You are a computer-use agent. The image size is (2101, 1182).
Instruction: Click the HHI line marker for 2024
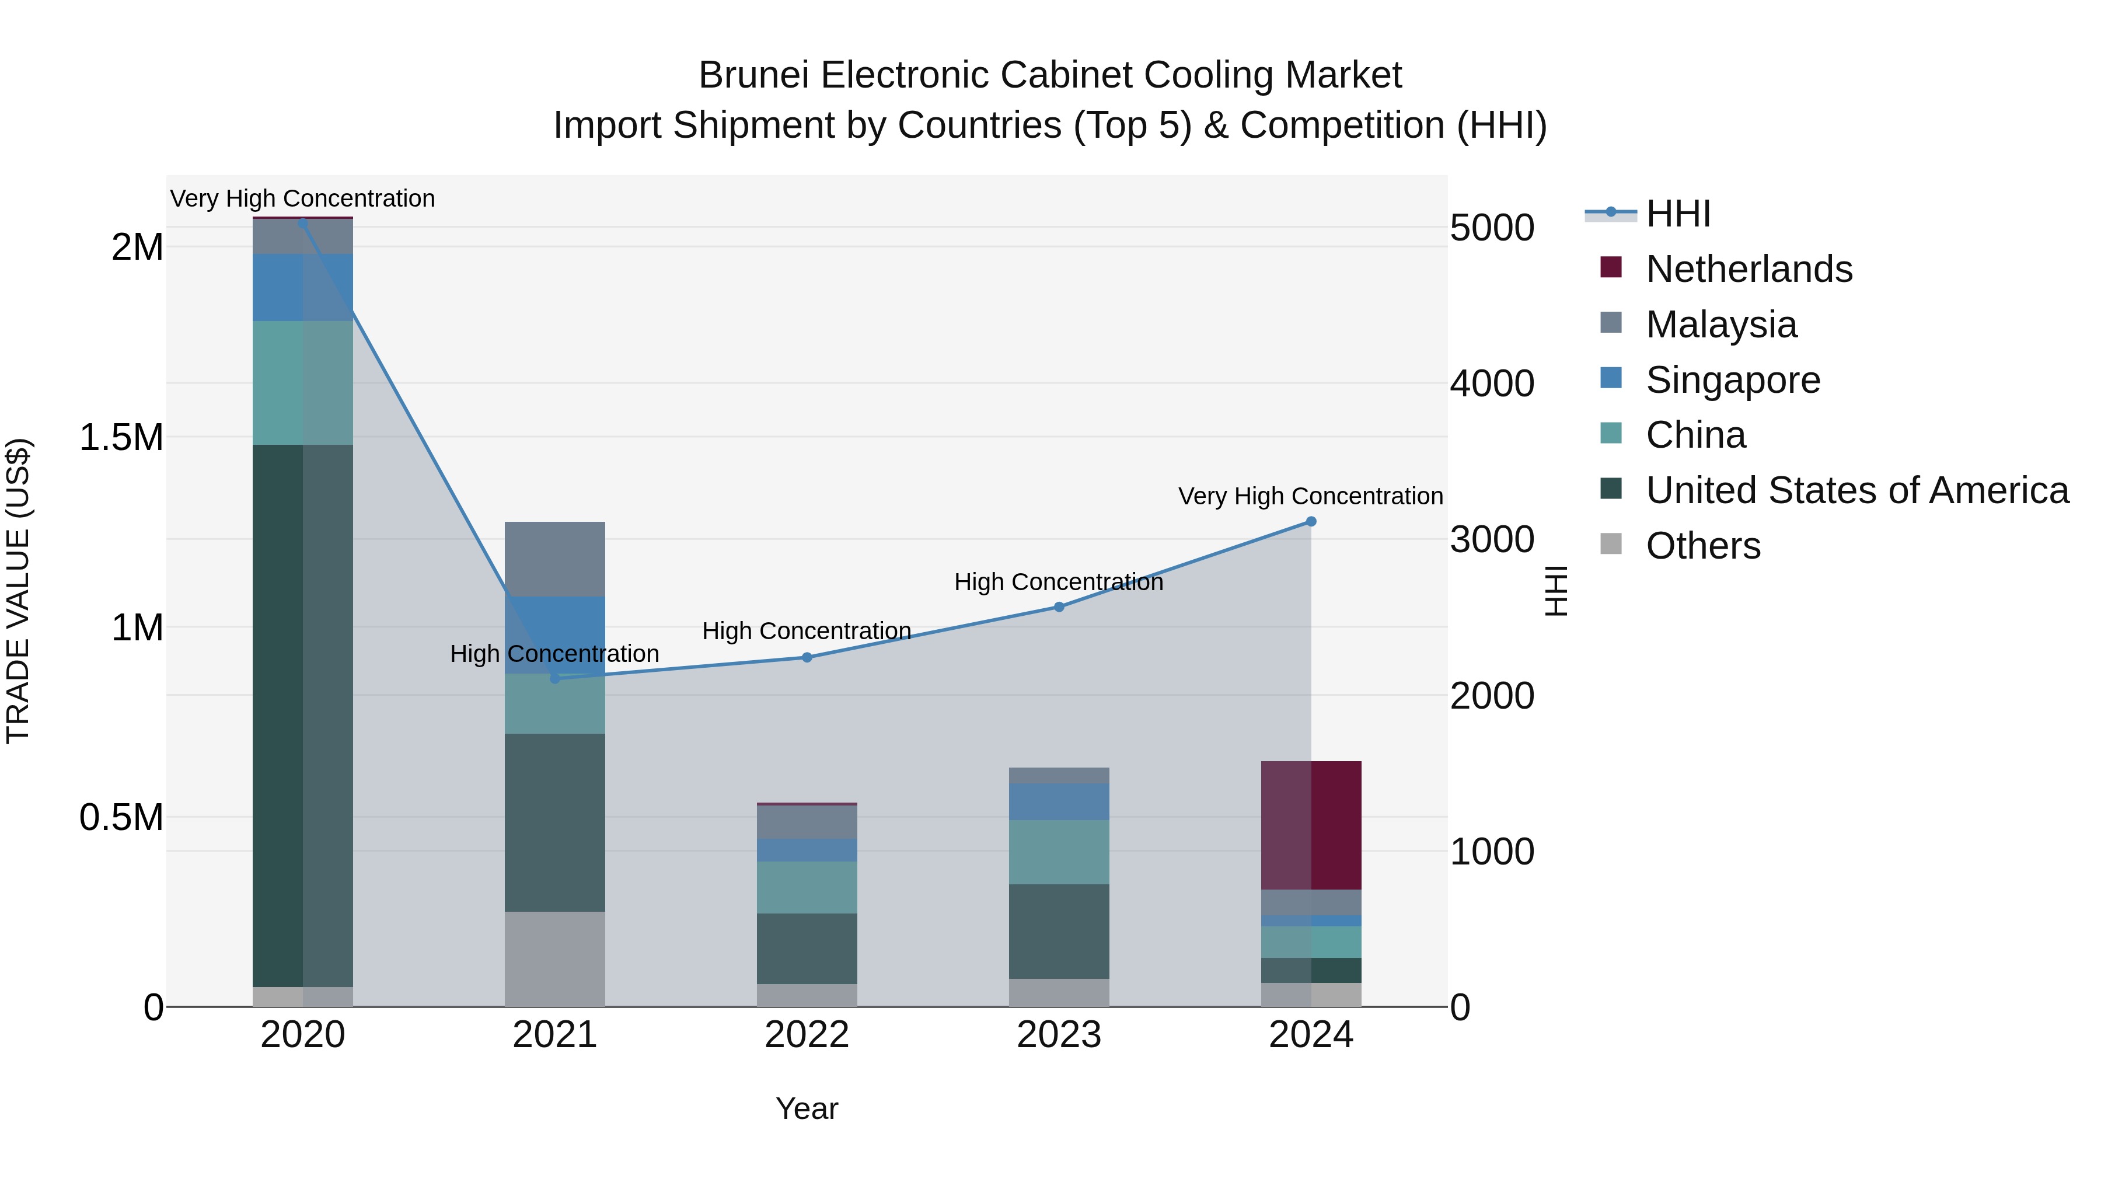tap(1311, 521)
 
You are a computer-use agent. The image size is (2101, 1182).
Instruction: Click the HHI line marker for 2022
tap(807, 657)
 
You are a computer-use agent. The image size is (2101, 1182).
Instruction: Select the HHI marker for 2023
tap(1059, 607)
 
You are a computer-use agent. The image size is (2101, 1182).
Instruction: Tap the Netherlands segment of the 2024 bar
tap(1311, 825)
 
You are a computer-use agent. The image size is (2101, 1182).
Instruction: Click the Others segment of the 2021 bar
tap(554, 958)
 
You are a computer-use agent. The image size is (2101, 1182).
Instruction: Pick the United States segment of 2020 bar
tap(302, 716)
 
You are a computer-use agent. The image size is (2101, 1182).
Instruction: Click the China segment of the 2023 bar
tap(1059, 852)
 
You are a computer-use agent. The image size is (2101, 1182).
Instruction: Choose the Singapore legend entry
tap(1732, 380)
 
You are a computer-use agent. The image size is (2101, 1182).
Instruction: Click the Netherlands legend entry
tap(1748, 269)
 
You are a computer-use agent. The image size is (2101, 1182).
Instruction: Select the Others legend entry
tap(1702, 546)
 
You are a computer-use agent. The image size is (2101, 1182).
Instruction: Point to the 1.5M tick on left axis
tap(121, 438)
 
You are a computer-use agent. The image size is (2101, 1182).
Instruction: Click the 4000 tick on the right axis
tap(1492, 383)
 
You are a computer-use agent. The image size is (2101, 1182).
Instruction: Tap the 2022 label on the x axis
tap(807, 1035)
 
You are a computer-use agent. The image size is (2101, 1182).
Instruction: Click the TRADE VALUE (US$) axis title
tap(18, 591)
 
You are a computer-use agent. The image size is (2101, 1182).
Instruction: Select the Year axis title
tap(807, 1108)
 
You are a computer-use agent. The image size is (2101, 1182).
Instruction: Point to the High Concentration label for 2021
tap(554, 653)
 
